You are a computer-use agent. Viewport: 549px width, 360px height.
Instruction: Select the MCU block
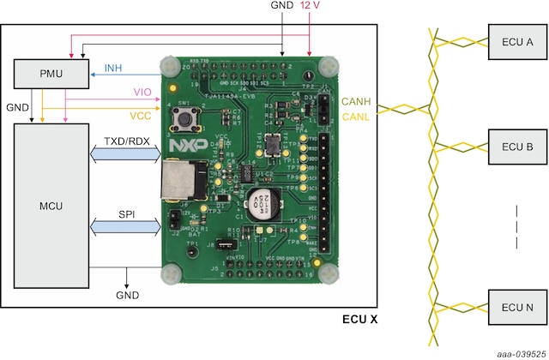tap(52, 206)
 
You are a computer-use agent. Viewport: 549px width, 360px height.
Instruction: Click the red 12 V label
tap(311, 7)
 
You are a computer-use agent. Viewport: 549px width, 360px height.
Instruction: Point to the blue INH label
tap(112, 68)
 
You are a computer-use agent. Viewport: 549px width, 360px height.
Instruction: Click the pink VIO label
tap(142, 92)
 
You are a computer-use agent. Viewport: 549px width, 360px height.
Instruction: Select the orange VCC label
tap(142, 114)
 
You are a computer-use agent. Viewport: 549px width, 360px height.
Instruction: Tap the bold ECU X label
tap(359, 319)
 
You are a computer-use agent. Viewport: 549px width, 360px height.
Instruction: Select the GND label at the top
tap(281, 7)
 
